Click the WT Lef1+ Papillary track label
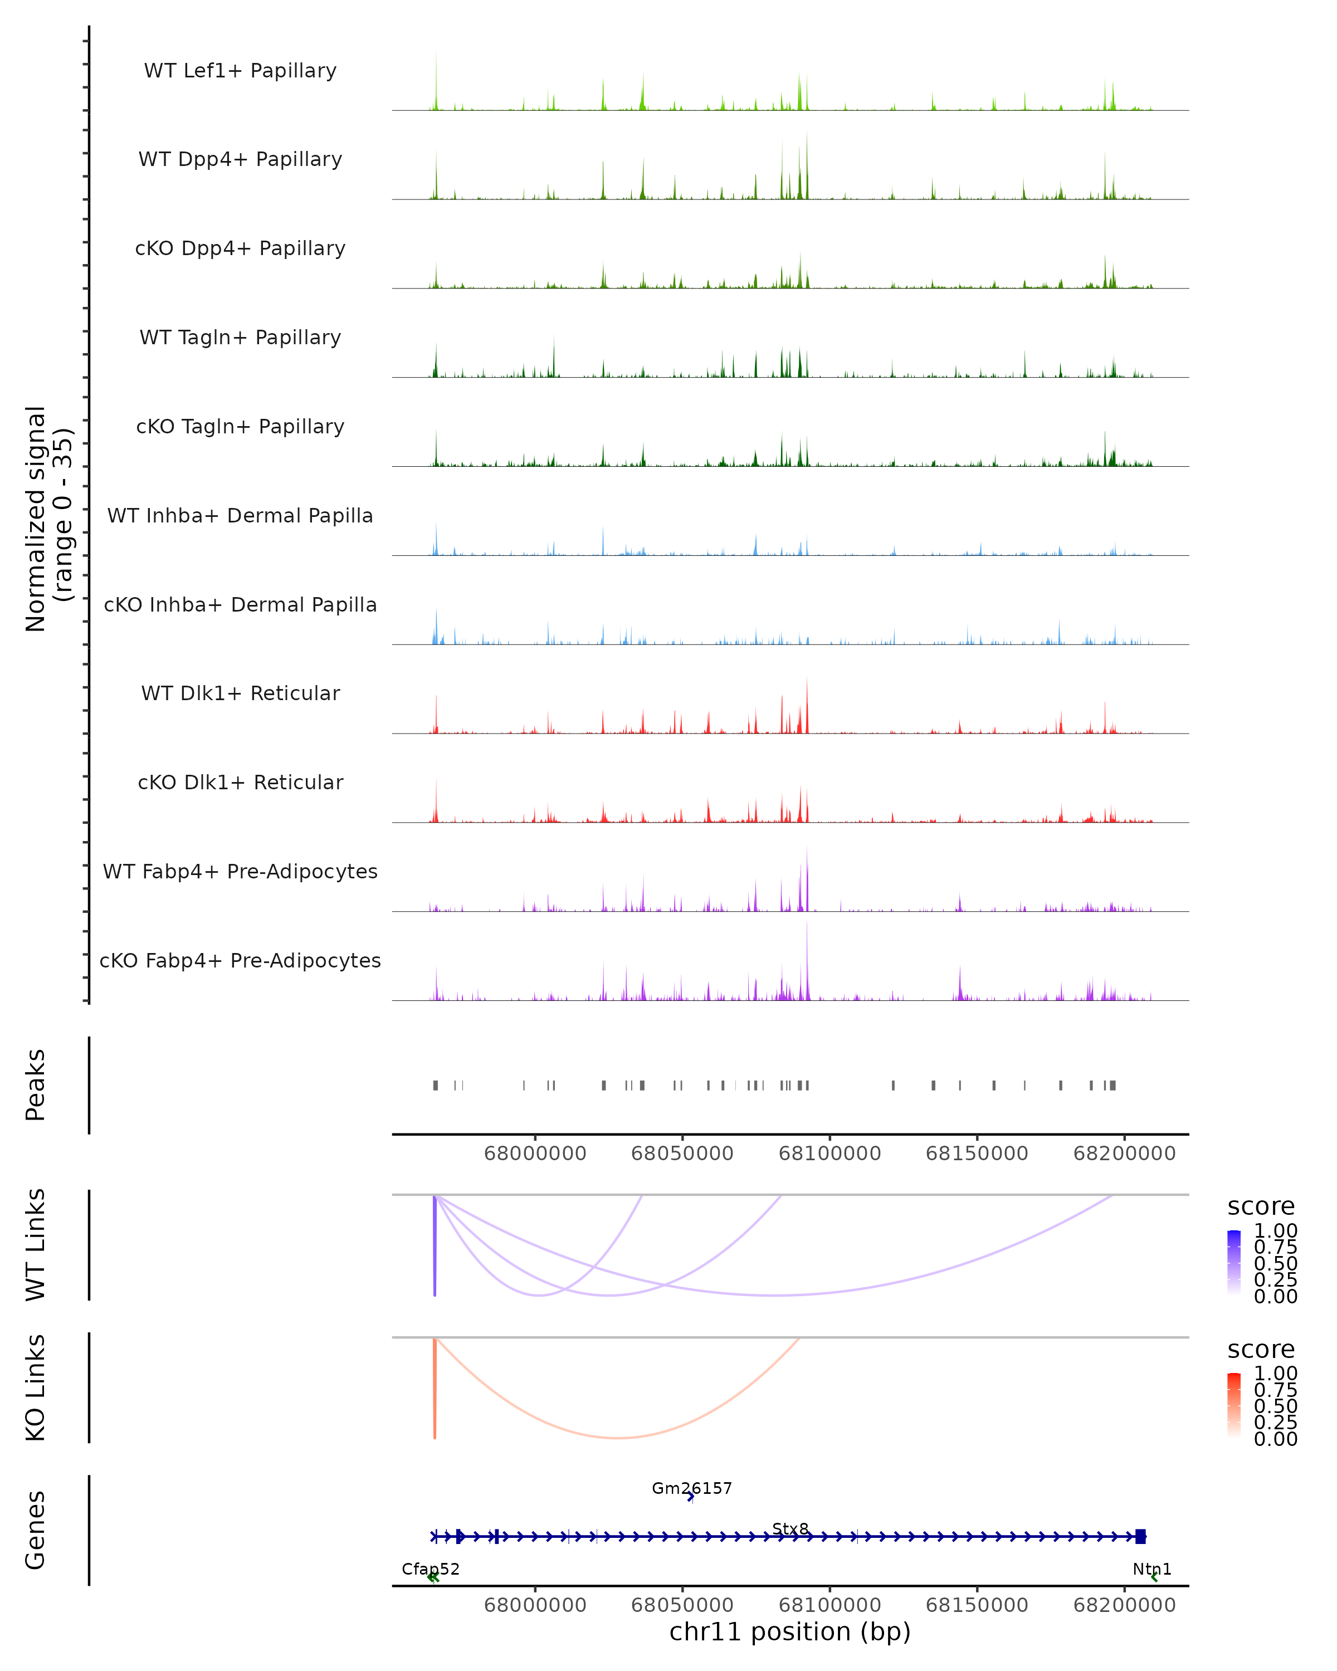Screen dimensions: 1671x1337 coord(240,71)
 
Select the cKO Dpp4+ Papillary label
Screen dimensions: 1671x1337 coord(240,249)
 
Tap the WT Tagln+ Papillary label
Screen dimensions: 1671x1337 coord(240,338)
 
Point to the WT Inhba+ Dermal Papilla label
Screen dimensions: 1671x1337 coord(240,516)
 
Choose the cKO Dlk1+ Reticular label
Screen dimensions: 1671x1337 coord(240,783)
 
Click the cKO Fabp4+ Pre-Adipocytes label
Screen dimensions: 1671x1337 coord(240,961)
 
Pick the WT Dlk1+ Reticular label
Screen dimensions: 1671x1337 coord(240,693)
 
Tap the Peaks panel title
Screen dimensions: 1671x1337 coord(36,1085)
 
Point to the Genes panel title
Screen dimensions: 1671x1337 coord(36,1531)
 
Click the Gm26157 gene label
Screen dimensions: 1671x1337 coord(691,1488)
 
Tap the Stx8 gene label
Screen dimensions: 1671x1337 coord(791,1529)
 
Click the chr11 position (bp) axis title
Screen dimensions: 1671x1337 coord(790,1632)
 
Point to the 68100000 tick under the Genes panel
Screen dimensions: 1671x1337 coord(829,1605)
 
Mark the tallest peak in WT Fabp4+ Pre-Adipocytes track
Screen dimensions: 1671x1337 coord(807,853)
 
